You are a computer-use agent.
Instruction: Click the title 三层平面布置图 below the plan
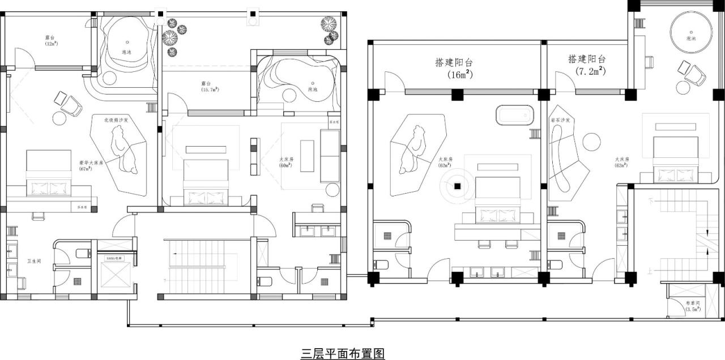343,354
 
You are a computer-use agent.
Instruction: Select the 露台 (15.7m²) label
210,86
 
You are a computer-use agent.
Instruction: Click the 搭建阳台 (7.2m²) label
587,65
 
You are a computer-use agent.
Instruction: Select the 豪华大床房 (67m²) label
91,165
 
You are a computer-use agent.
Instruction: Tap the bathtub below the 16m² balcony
514,115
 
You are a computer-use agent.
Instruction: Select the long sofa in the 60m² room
330,156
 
